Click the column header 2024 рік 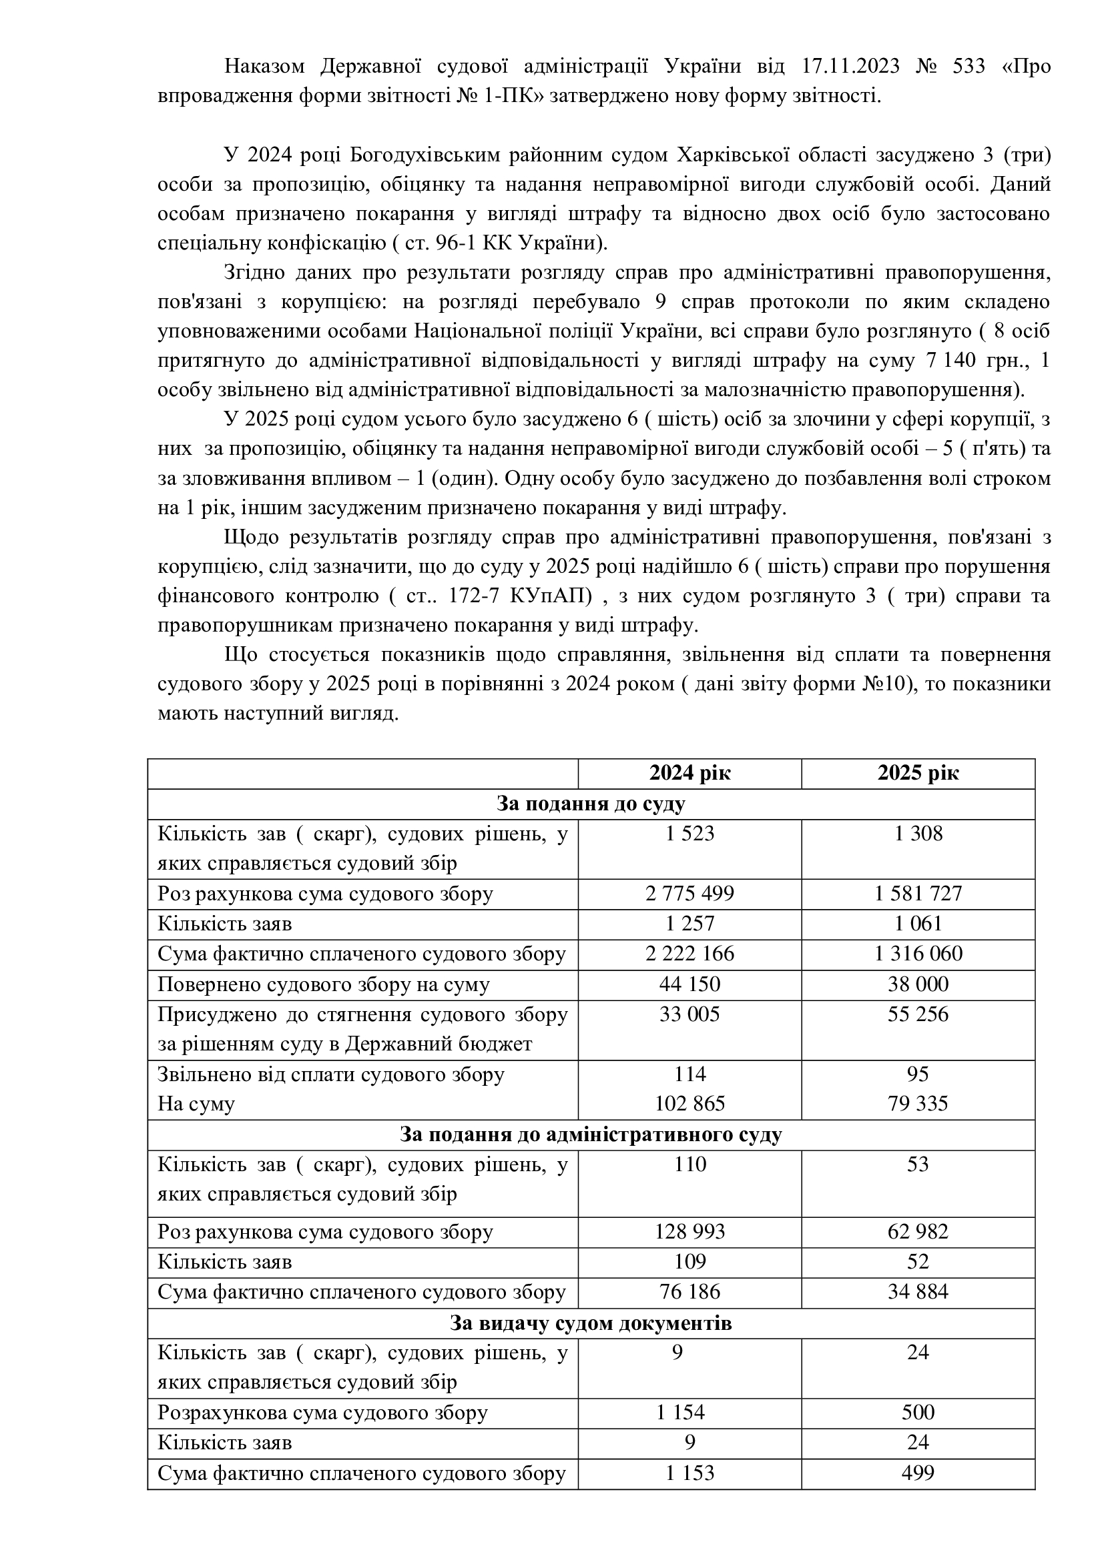689,773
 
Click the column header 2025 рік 918,773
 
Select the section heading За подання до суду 590,804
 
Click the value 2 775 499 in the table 689,894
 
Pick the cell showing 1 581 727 918,894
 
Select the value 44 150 689,984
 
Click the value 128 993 689,1232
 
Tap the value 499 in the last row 918,1473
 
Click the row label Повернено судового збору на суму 324,984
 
